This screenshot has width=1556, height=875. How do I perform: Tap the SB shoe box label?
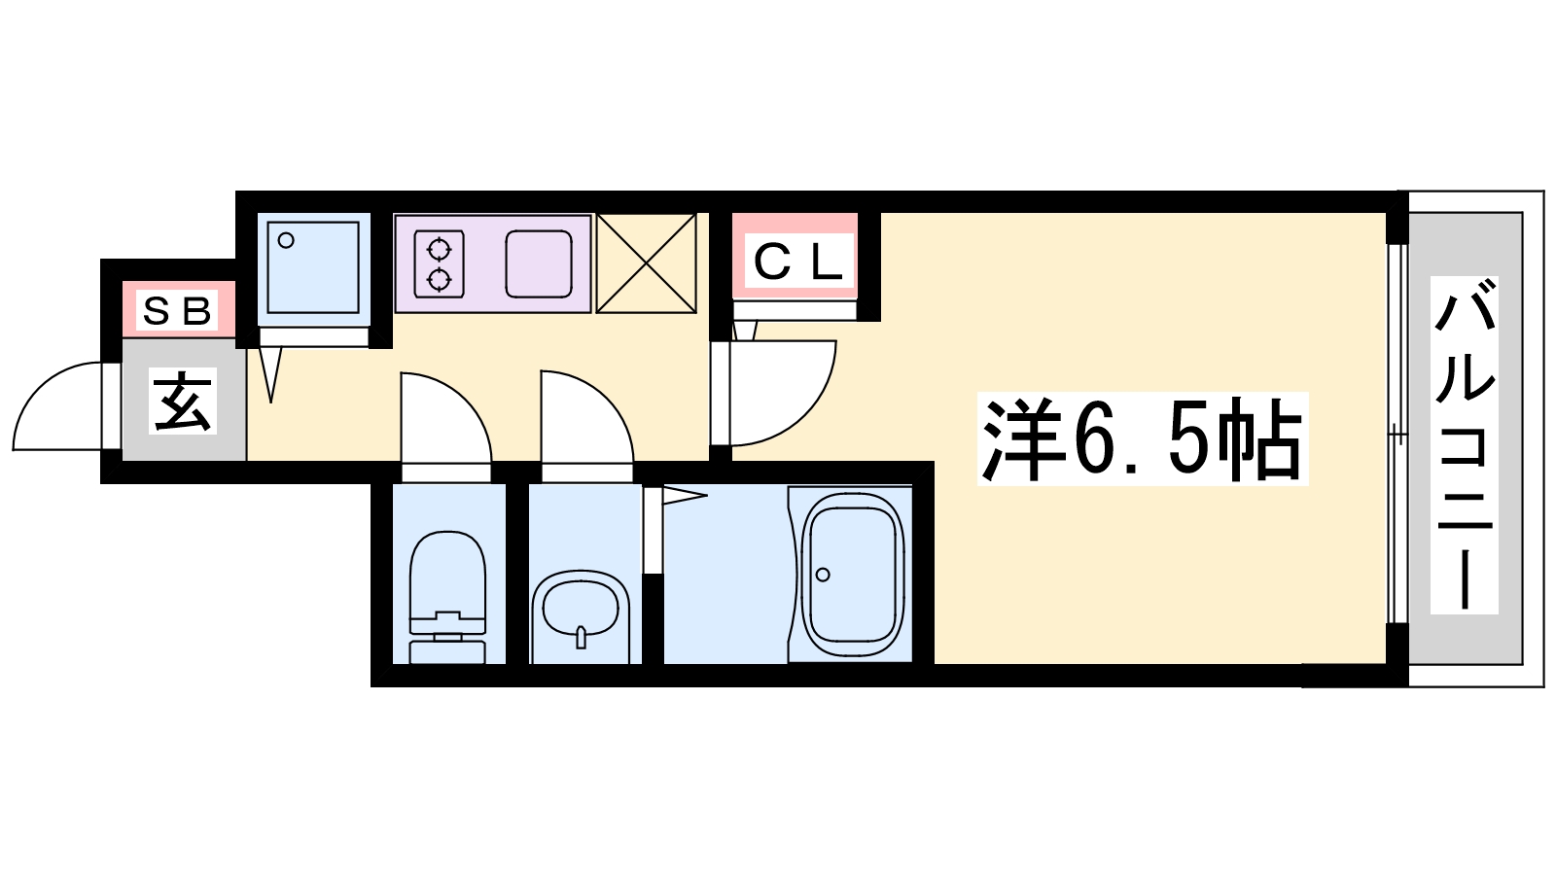click(x=177, y=311)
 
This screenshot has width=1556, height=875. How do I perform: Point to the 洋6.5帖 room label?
click(x=1142, y=438)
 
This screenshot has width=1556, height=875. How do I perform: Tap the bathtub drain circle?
click(x=823, y=575)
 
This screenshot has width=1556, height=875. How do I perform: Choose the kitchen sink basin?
click(x=538, y=263)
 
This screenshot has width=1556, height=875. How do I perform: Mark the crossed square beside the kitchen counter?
click(x=647, y=263)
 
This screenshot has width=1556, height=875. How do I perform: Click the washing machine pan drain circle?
click(x=286, y=241)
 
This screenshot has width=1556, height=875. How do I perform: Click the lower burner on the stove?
click(x=439, y=280)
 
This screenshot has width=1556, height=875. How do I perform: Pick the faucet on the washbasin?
click(x=581, y=637)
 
